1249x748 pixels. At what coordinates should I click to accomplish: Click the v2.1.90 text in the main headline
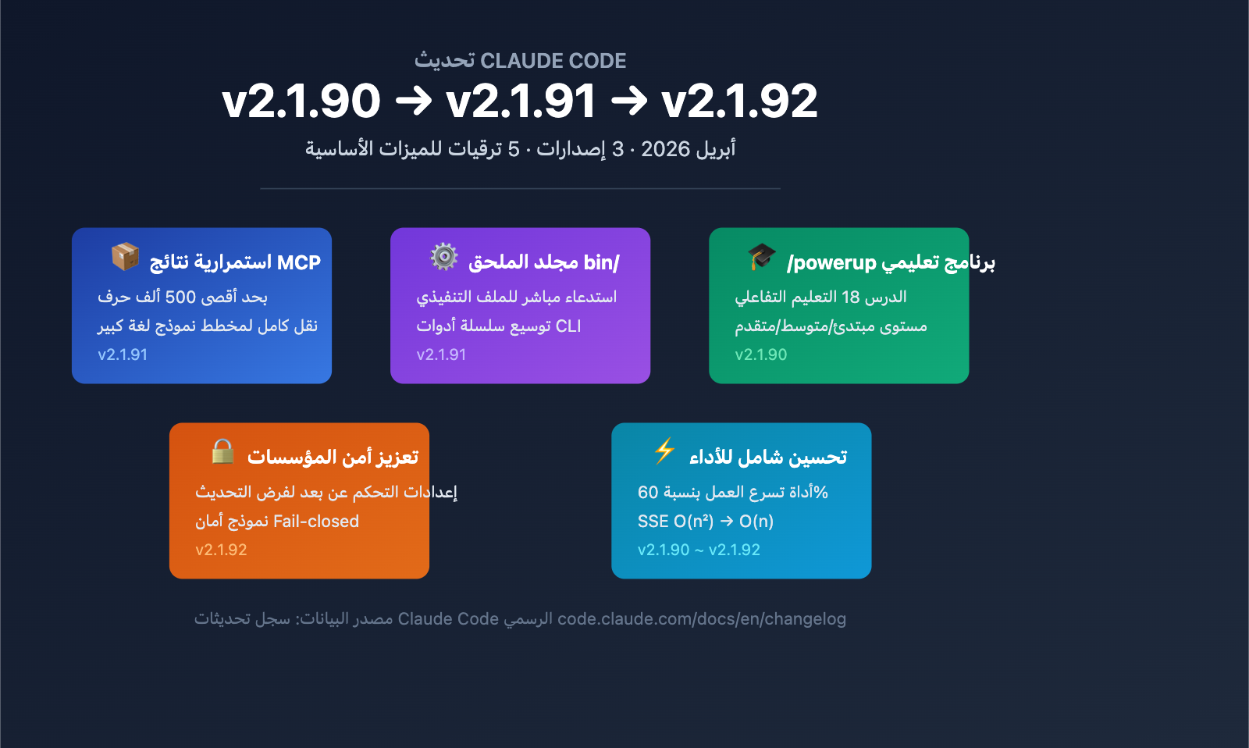click(301, 101)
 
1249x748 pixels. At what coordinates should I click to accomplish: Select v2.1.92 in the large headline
click(739, 101)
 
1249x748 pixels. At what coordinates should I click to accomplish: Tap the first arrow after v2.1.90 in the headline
click(413, 101)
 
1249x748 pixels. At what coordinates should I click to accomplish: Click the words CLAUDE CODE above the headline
click(553, 61)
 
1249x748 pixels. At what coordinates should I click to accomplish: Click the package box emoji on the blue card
click(125, 257)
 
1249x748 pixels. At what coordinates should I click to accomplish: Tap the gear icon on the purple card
click(444, 257)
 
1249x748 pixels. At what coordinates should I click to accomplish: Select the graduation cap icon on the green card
click(762, 257)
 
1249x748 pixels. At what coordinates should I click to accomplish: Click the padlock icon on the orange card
click(222, 451)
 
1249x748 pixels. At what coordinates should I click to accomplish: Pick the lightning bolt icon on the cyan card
click(664, 451)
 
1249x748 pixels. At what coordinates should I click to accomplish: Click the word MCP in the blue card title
click(299, 262)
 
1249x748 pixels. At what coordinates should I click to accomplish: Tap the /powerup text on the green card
click(831, 262)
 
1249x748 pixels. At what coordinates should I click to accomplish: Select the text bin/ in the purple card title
click(602, 262)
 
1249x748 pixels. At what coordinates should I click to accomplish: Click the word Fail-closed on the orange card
click(316, 521)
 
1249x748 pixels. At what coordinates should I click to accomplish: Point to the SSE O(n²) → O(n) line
click(706, 521)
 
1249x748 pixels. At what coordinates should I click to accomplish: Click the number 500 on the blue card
click(180, 297)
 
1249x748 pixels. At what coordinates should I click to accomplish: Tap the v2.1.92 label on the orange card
click(222, 550)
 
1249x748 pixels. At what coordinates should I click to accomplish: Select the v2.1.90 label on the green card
click(761, 354)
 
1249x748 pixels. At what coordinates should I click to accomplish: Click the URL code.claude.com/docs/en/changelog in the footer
click(702, 619)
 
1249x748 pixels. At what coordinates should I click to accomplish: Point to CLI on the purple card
click(568, 326)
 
